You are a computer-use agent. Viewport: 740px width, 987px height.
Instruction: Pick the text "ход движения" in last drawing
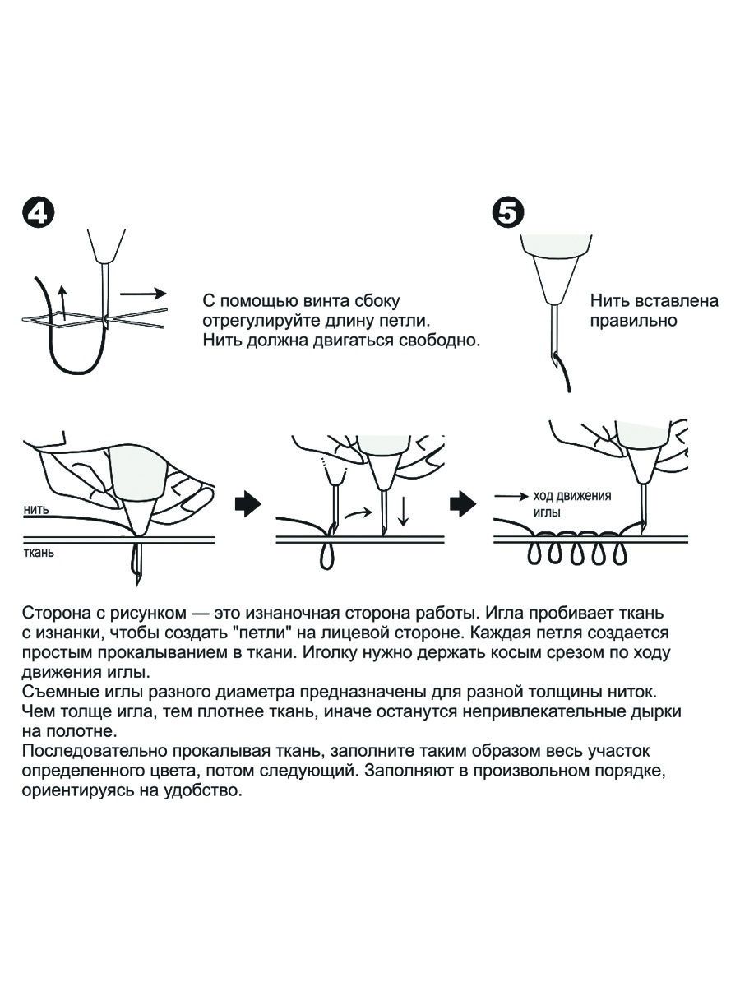[x=572, y=495]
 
